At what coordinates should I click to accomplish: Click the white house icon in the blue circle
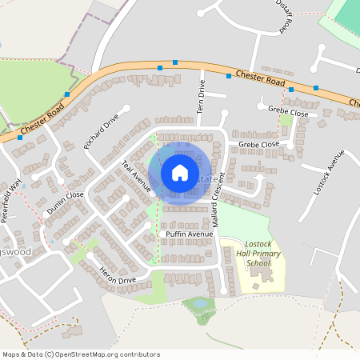click(x=180, y=173)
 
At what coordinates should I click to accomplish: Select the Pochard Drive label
click(x=101, y=131)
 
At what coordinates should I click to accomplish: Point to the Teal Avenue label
click(x=135, y=175)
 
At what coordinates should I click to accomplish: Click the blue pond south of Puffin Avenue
click(x=199, y=304)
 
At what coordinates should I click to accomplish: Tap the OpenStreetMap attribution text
click(x=81, y=354)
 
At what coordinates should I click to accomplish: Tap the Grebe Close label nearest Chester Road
click(x=288, y=113)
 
